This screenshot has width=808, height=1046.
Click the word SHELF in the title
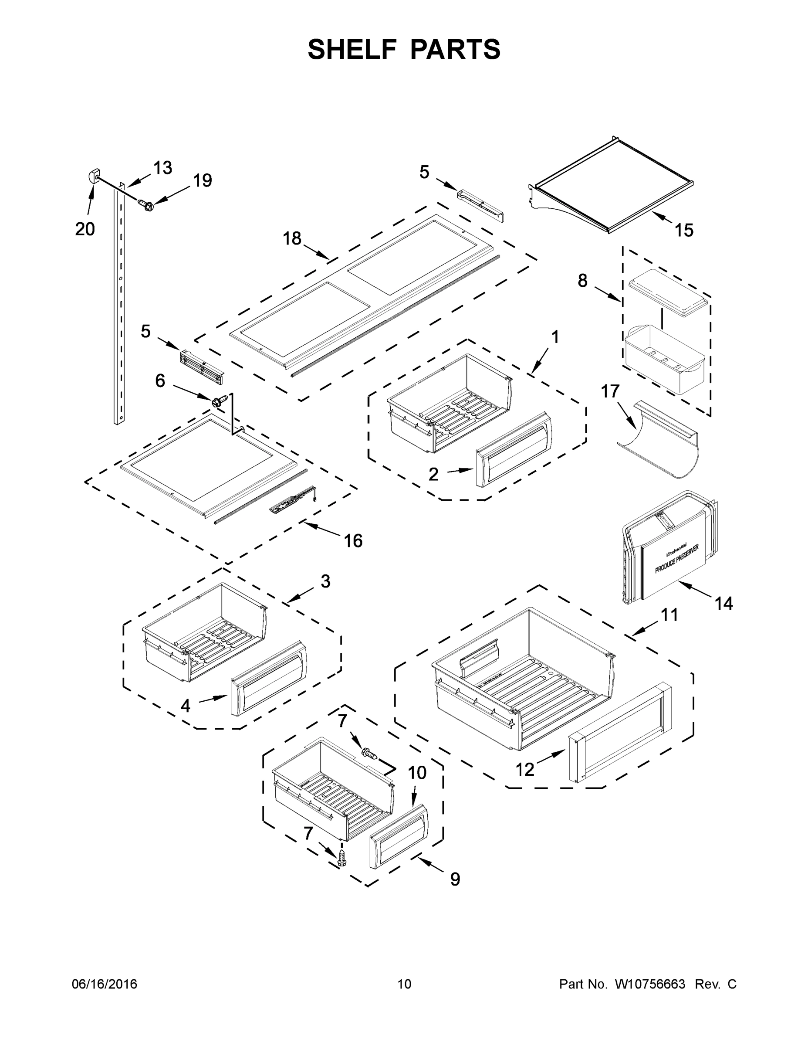tap(353, 50)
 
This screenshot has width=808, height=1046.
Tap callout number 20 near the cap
tap(85, 229)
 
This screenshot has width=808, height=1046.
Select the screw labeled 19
tap(145, 205)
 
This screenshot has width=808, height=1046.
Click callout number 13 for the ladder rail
tap(163, 168)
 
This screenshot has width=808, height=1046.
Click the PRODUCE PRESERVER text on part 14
tap(676, 559)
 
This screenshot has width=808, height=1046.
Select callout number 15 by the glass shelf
tap(683, 231)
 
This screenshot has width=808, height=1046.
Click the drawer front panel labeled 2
tap(514, 449)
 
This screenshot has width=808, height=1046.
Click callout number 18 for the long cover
tap(292, 238)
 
